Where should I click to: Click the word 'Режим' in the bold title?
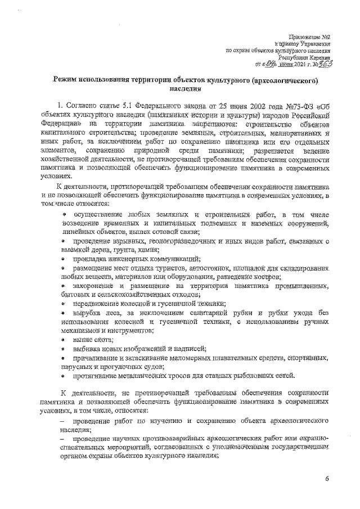coord(69,81)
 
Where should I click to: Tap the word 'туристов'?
coord(161,268)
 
